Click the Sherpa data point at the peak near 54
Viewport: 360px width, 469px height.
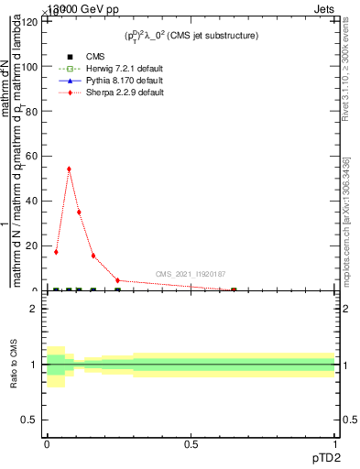click(x=69, y=169)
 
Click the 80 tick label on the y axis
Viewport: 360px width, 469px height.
click(x=32, y=112)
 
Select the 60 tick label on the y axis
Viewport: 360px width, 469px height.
click(x=32, y=157)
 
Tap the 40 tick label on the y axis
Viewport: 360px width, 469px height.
click(x=32, y=202)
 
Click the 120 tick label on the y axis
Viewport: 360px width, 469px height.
click(x=29, y=22)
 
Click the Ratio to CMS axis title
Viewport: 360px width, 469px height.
click(x=14, y=365)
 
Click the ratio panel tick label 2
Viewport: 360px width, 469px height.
click(x=35, y=309)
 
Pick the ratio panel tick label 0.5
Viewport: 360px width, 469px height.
click(x=31, y=420)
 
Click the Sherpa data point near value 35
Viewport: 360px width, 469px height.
click(x=79, y=213)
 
